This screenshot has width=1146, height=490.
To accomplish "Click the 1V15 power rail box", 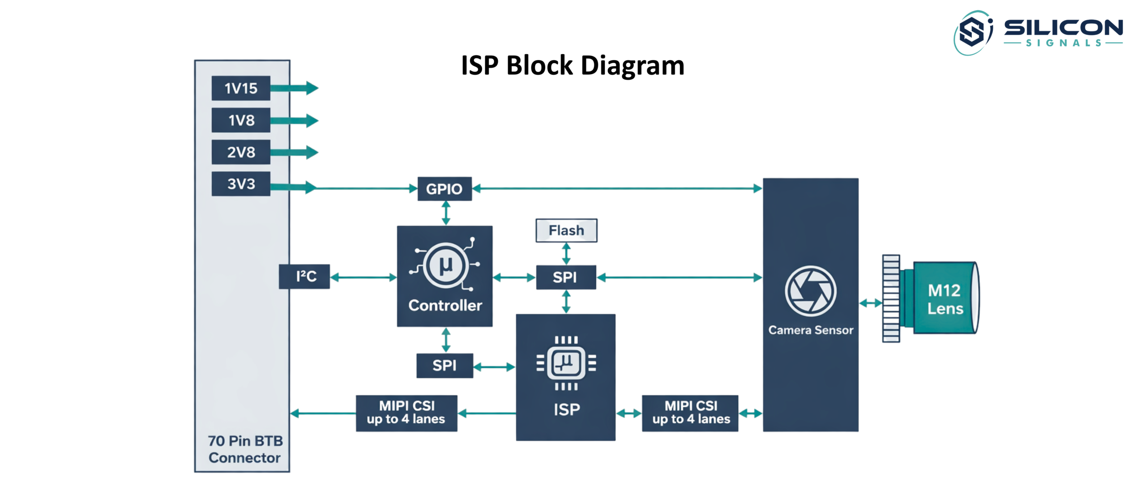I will [x=240, y=88].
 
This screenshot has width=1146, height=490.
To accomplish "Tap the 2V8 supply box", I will [x=240, y=152].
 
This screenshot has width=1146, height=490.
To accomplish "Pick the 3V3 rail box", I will [x=240, y=184].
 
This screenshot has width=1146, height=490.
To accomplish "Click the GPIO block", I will [x=444, y=189].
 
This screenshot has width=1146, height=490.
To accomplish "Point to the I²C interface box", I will [x=304, y=277].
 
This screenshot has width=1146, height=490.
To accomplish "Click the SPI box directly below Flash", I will [x=565, y=277].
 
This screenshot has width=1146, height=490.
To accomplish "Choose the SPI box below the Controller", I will [x=444, y=366].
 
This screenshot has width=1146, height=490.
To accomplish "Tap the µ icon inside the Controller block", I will [x=445, y=265].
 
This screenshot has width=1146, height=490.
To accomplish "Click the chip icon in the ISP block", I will [x=566, y=363].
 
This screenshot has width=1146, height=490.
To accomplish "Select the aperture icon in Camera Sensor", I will [x=810, y=291].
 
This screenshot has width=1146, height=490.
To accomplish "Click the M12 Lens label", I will [x=944, y=299].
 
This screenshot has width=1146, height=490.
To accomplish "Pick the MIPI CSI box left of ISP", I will [x=406, y=413].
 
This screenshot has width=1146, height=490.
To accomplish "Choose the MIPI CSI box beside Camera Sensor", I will [x=690, y=413].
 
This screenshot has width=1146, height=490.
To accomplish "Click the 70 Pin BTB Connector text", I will [x=245, y=449].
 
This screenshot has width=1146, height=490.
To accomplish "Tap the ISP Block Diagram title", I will [x=572, y=65].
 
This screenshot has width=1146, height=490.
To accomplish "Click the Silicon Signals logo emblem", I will [x=973, y=33].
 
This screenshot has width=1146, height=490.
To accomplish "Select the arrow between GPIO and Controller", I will [x=445, y=213].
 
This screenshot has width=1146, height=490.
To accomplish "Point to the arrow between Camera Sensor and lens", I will [x=870, y=303].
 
